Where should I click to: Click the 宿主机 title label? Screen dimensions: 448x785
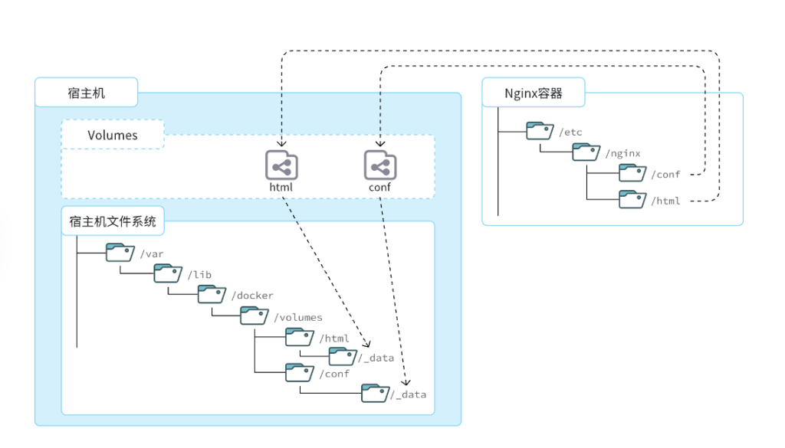point(87,93)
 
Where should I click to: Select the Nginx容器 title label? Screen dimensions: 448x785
point(534,93)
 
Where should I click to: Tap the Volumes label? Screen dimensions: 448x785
point(113,136)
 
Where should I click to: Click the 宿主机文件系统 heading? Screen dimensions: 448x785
point(113,221)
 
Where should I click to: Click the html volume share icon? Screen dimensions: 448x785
point(281,165)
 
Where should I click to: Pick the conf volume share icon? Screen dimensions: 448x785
point(379,165)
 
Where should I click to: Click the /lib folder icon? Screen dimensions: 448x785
point(167,273)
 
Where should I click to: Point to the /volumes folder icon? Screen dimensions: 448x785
point(254,315)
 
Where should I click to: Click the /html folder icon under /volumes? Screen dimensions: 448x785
point(299,336)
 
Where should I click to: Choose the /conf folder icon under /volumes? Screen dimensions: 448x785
point(299,372)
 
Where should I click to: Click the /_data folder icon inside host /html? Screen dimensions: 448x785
point(343,355)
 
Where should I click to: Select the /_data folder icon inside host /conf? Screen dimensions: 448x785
point(376,392)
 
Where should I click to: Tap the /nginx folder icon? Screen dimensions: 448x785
point(586,152)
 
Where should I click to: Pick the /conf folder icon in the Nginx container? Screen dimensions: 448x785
point(632,173)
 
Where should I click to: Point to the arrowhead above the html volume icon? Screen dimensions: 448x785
point(282,143)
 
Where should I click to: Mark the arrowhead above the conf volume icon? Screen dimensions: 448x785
point(380,143)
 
